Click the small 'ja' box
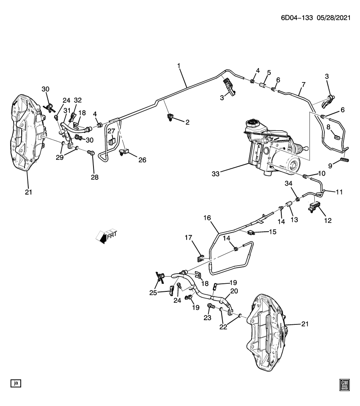(x=16, y=383)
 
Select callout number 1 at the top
(x=179, y=66)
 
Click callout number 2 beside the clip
(x=187, y=122)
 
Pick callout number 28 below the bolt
(x=94, y=178)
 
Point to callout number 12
(x=328, y=220)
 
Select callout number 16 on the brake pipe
(x=207, y=218)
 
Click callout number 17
(x=189, y=239)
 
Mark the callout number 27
(x=111, y=131)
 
